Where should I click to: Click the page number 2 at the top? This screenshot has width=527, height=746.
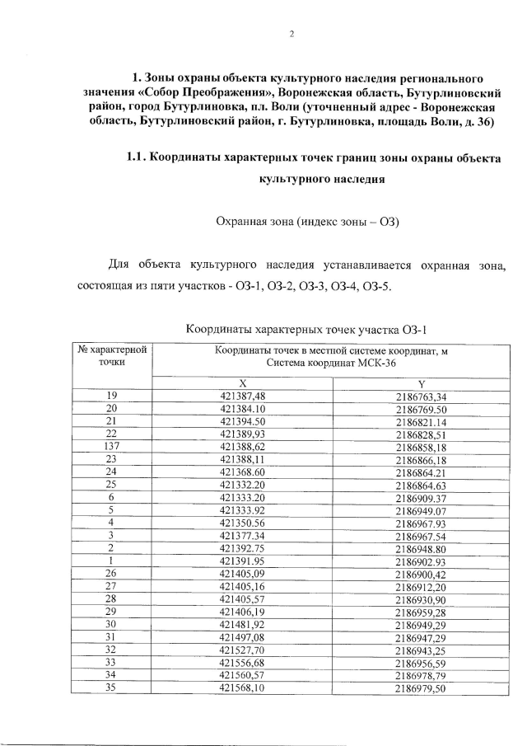pyautogui.click(x=291, y=35)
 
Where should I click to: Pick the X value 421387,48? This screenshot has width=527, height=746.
pyautogui.click(x=243, y=396)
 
